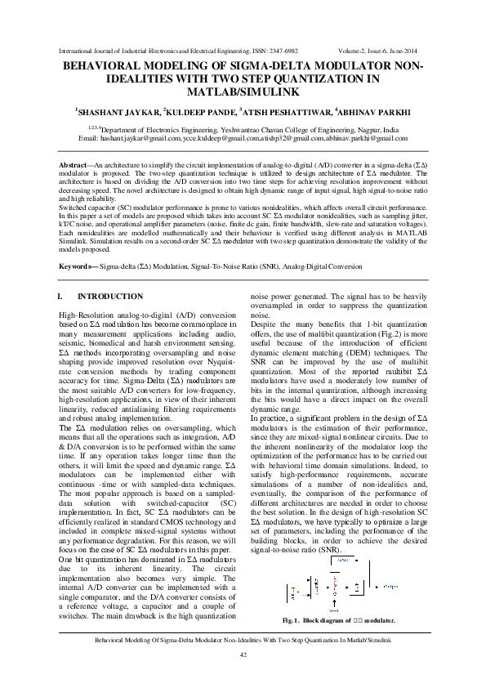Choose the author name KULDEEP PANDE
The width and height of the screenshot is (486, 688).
(207, 110)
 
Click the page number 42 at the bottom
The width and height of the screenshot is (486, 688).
(243, 655)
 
